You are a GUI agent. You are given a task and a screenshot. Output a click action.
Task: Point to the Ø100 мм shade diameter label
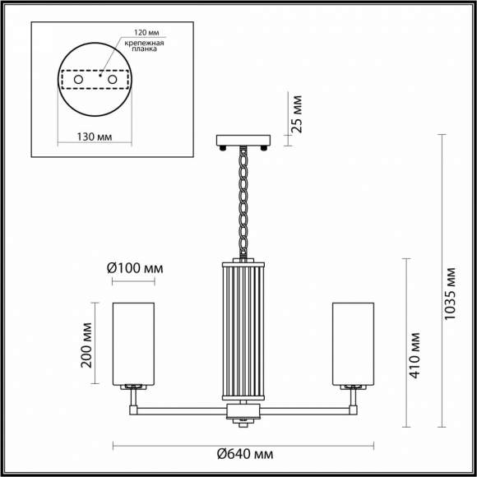(x=135, y=268)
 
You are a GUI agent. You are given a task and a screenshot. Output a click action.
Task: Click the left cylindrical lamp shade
(x=134, y=342)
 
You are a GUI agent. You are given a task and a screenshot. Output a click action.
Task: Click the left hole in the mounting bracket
(x=79, y=81)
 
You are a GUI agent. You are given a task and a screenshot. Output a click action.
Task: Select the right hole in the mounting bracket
(x=113, y=81)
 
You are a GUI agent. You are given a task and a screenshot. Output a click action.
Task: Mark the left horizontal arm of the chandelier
(x=181, y=406)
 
